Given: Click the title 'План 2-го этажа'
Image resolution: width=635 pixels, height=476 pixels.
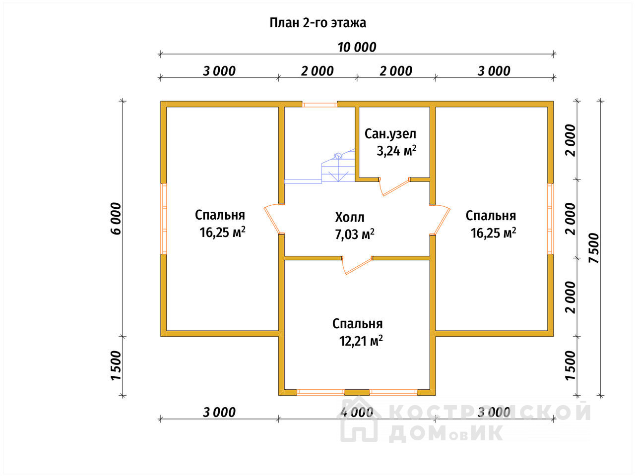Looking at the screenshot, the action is tap(317, 23).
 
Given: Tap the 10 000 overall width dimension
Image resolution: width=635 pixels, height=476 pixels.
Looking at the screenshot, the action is tap(357, 47).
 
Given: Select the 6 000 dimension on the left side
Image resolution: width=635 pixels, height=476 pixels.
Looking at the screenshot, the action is tap(116, 219).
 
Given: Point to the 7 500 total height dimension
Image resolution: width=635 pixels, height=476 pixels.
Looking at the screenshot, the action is tap(594, 248).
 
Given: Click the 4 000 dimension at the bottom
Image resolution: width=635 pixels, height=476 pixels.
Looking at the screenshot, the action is tap(357, 413).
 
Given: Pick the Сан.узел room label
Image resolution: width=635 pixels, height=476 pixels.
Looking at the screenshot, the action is tap(390, 134).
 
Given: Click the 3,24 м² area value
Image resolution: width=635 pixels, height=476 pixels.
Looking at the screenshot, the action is tap(396, 151).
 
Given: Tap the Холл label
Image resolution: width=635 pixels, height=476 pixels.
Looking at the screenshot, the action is tap(350, 217).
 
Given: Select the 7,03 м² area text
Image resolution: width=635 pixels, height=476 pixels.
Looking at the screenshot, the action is tap(355, 234).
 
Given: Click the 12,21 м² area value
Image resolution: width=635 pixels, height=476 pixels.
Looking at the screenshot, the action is tap(361, 341).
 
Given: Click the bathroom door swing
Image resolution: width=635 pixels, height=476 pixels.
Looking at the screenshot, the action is tap(394, 187).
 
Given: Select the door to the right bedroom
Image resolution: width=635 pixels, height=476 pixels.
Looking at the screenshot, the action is tap(440, 219).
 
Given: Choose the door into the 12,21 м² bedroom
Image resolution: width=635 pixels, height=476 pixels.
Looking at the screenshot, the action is tap(357, 265).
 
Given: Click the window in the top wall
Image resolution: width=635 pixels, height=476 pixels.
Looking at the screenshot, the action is tap(319, 104).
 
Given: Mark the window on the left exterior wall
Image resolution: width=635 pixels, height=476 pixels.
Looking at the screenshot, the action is tap(164, 219).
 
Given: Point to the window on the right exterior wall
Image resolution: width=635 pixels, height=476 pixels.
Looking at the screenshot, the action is tap(550, 219).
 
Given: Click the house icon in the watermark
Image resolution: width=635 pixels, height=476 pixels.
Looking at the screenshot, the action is tap(359, 419).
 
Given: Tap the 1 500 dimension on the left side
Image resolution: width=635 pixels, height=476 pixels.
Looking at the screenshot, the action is tap(116, 365).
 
